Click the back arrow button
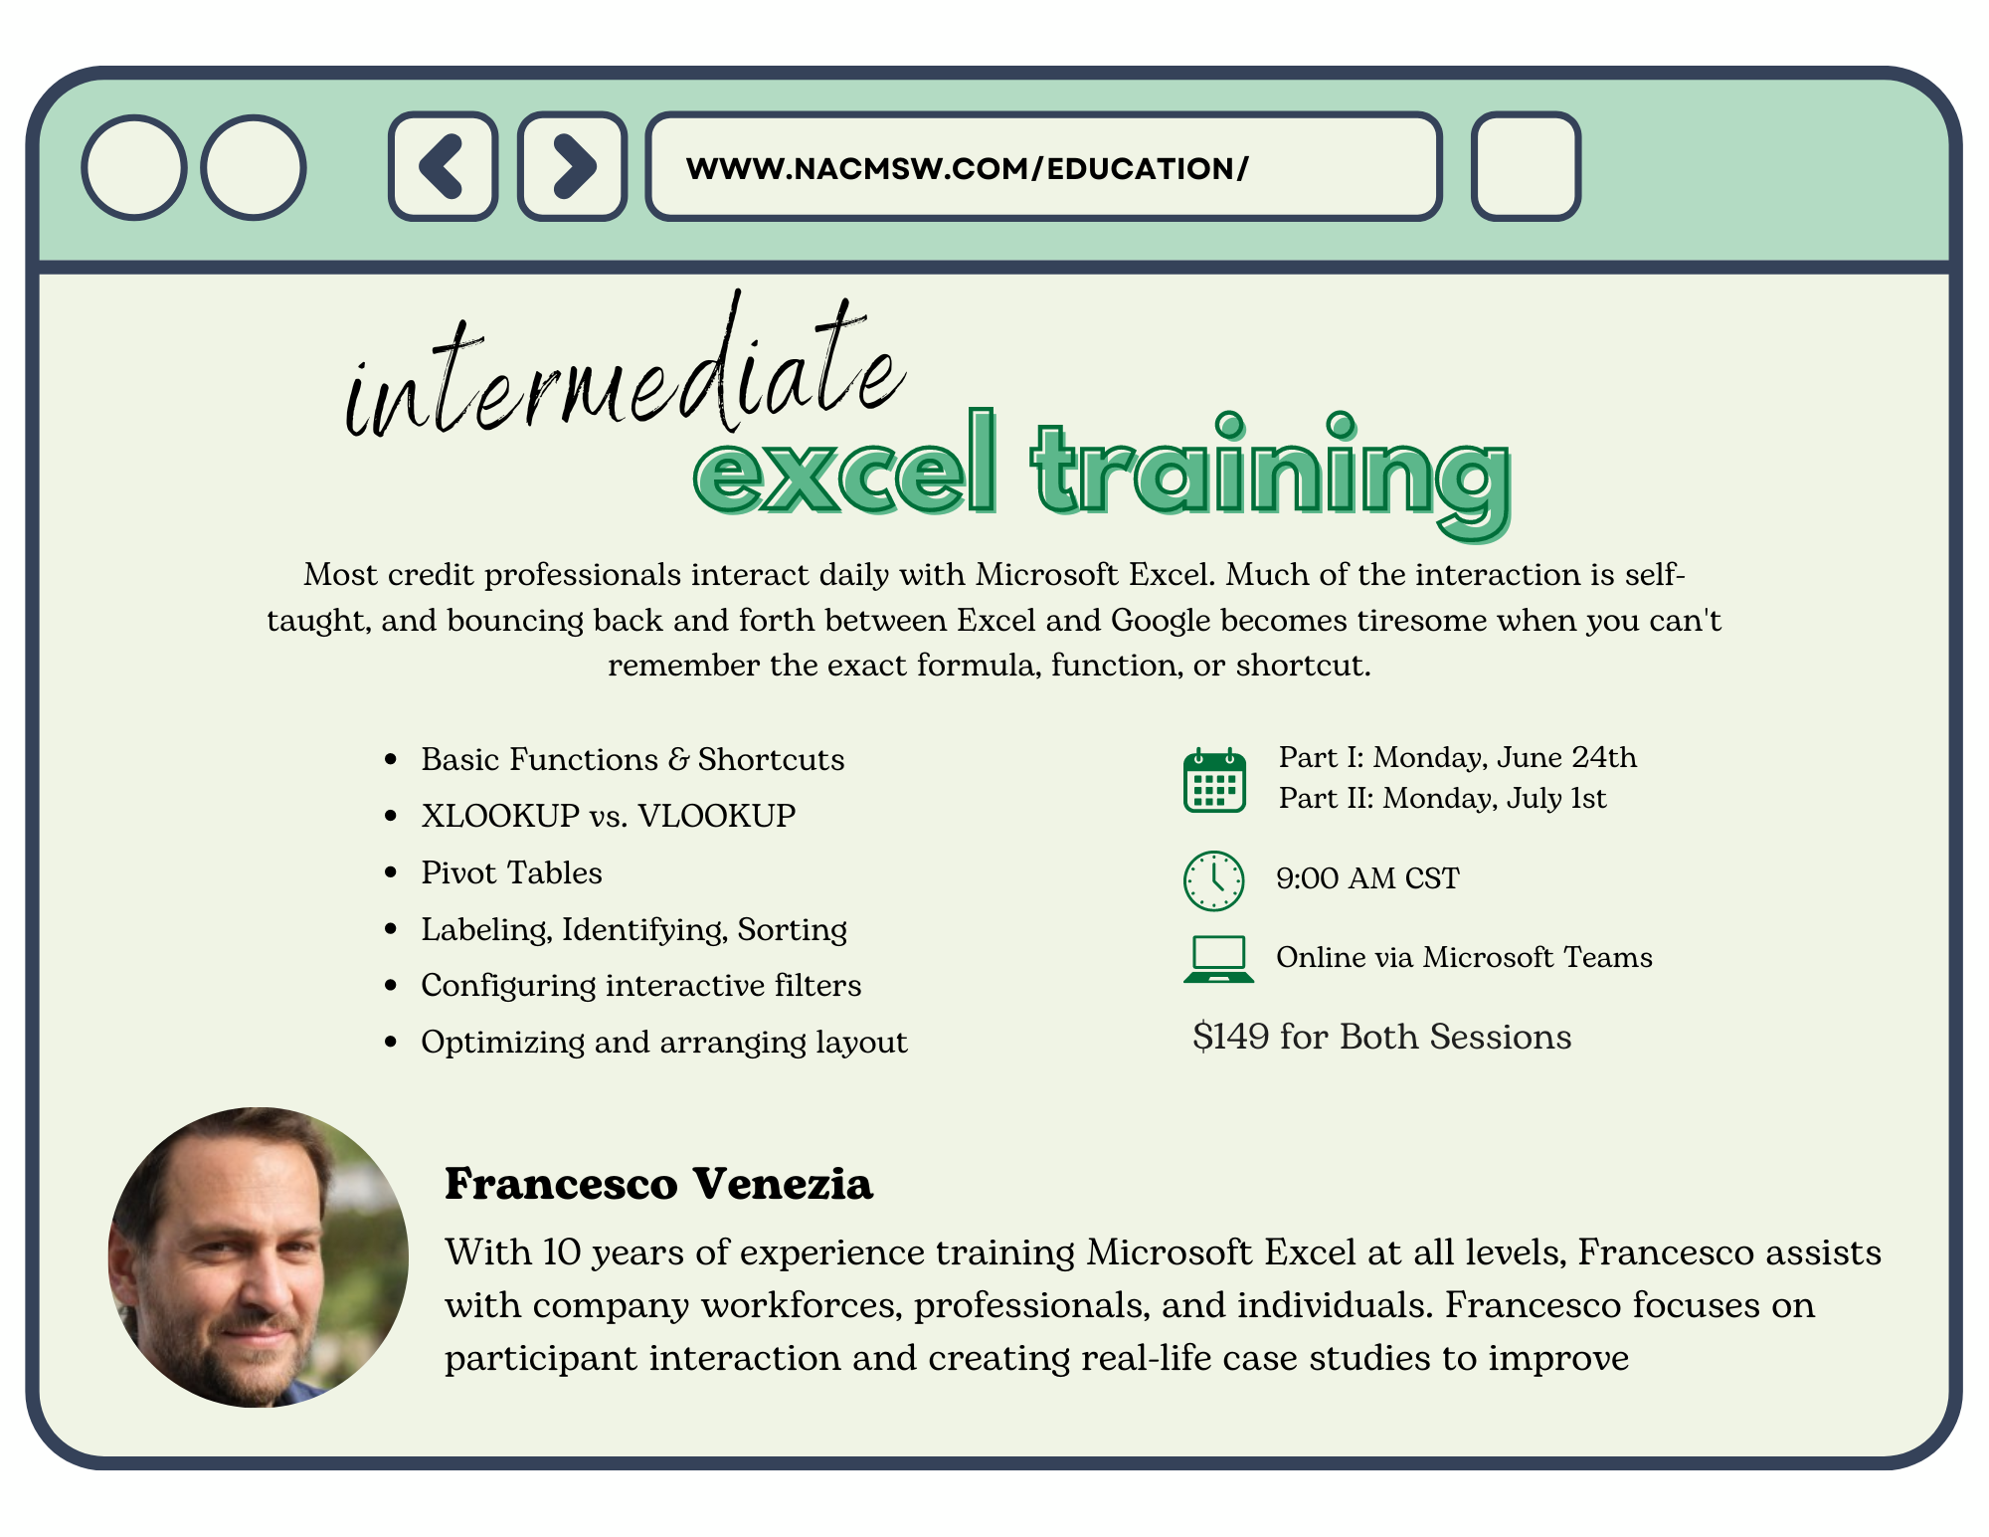coord(443,166)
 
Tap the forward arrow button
coord(572,166)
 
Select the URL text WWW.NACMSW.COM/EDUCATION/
coord(967,168)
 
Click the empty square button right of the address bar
coord(1526,166)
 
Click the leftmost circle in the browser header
coord(134,167)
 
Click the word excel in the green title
coord(845,465)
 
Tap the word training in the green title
coord(1272,475)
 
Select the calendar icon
coord(1214,780)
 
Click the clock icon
coord(1213,880)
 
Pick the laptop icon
coord(1218,959)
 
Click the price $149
coord(1231,1037)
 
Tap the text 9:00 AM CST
coord(1367,878)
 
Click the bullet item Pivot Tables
coord(511,872)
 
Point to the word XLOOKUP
coord(500,816)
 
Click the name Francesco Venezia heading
coord(658,1183)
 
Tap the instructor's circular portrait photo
coord(259,1257)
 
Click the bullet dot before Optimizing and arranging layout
coord(391,1042)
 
